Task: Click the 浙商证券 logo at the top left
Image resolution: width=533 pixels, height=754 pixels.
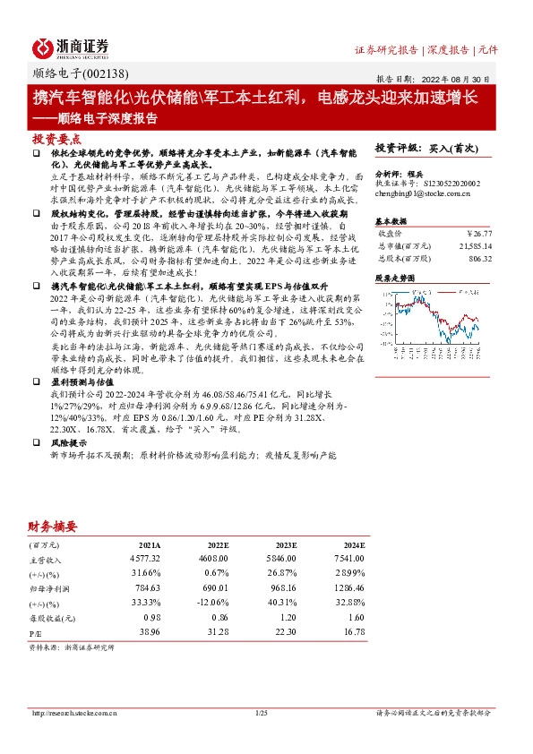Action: (x=71, y=47)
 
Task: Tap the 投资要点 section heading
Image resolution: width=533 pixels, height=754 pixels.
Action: (x=56, y=141)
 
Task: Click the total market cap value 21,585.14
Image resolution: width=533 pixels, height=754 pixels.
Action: (x=474, y=244)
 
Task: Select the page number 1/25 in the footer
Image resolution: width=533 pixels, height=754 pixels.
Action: (x=262, y=712)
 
